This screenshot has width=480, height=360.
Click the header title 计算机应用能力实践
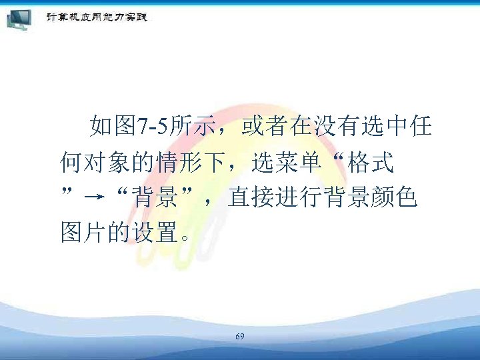point(96,17)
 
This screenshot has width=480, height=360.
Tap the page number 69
point(240,337)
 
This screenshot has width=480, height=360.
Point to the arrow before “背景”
point(95,197)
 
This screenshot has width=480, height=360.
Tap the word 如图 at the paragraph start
point(113,125)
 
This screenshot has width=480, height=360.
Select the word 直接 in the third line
point(246,197)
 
